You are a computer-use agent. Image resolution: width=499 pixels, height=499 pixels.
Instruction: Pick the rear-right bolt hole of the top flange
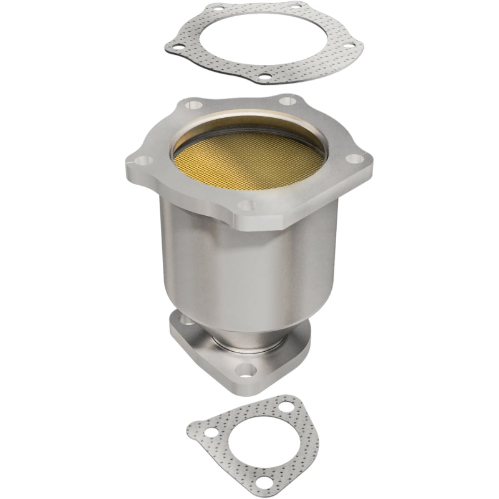[288, 100]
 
